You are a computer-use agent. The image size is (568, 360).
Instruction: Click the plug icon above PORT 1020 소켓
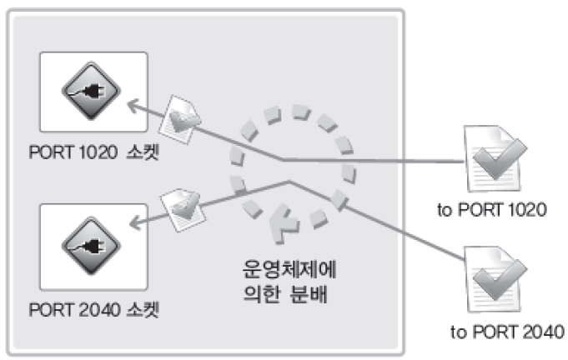coord(93,94)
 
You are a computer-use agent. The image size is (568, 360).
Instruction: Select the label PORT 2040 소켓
coord(93,311)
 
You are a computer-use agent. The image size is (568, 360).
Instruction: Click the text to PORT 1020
coord(492,209)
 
